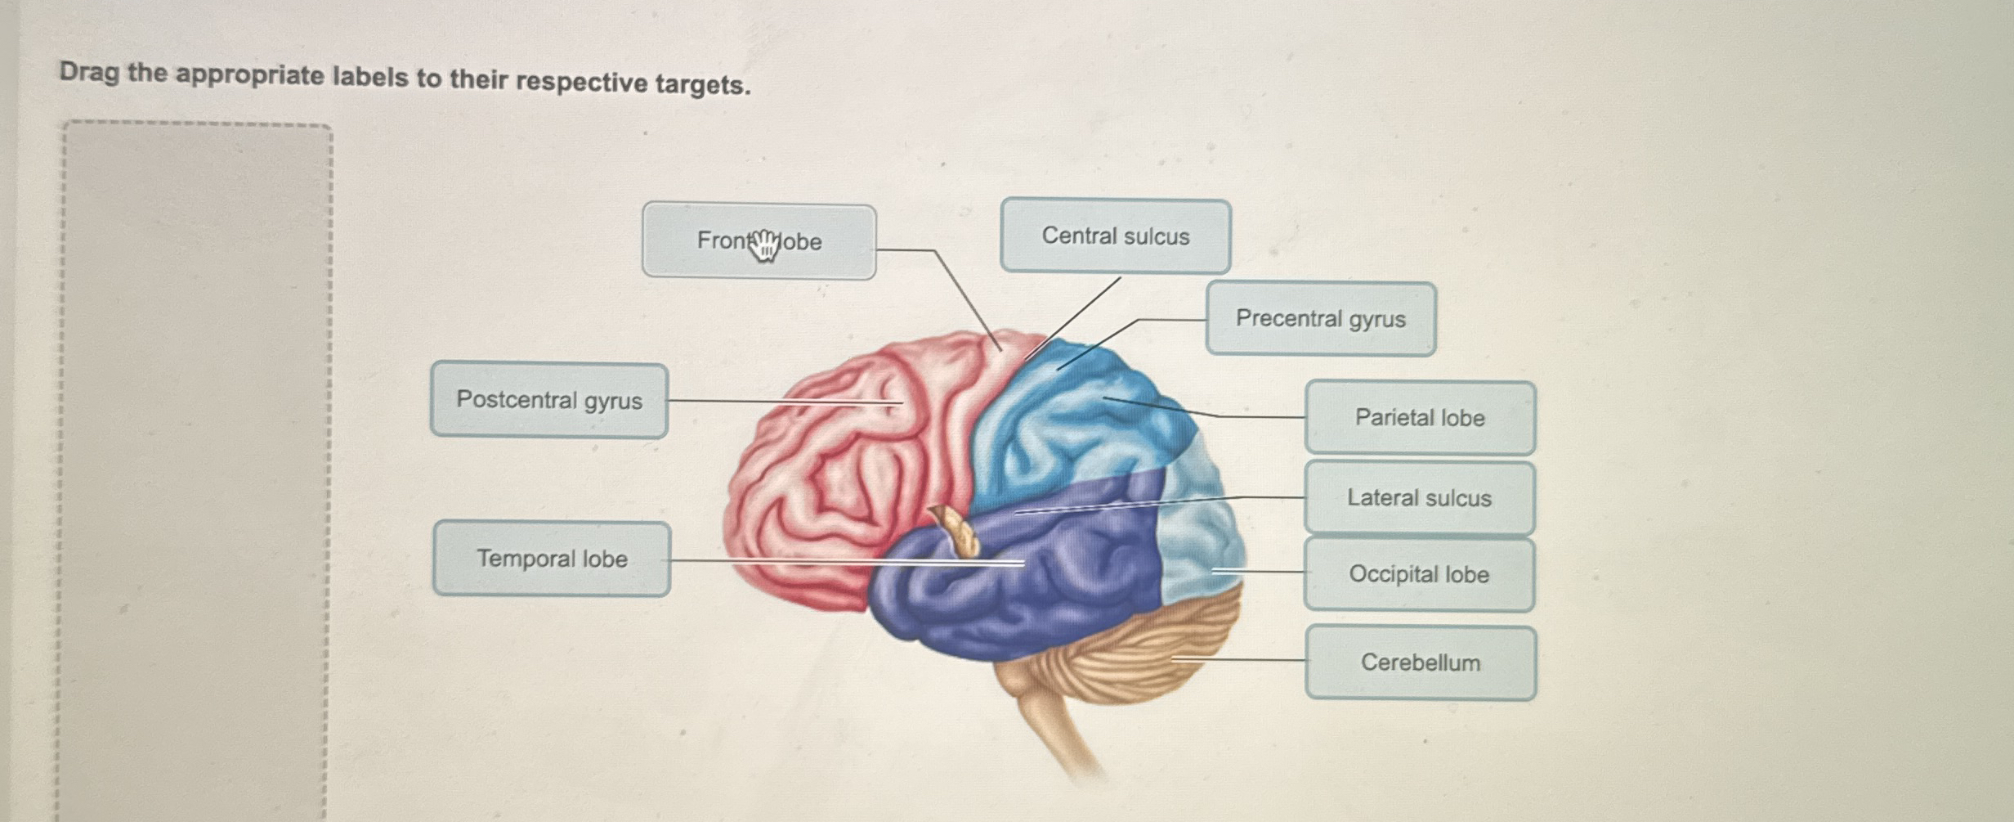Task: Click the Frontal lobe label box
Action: click(759, 241)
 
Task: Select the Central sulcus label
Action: click(1115, 236)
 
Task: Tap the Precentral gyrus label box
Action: click(1320, 319)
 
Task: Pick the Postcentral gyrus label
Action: click(548, 400)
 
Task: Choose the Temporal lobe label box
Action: click(552, 559)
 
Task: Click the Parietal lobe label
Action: click(1420, 418)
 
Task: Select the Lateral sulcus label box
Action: click(1419, 498)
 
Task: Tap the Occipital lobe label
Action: click(1419, 574)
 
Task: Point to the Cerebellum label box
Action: click(1421, 663)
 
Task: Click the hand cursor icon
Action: click(764, 245)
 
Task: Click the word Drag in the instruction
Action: click(89, 73)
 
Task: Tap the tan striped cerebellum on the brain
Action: click(1144, 654)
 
